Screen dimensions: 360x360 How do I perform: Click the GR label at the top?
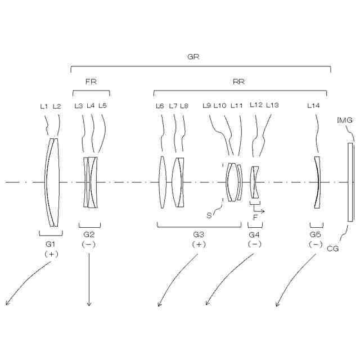pyautogui.click(x=193, y=56)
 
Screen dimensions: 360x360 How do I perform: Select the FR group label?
pyautogui.click(x=91, y=82)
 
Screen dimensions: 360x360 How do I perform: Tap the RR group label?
pyautogui.click(x=238, y=82)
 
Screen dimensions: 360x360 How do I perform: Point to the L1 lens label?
pyautogui.click(x=44, y=106)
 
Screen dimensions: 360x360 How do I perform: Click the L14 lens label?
pyautogui.click(x=313, y=106)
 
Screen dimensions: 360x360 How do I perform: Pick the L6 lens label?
pyautogui.click(x=160, y=106)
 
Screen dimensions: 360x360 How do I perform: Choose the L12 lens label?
pyautogui.click(x=256, y=105)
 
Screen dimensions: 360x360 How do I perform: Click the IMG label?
pyautogui.click(x=345, y=120)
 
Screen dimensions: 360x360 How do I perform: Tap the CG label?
pyautogui.click(x=332, y=249)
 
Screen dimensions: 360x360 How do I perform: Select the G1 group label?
pyautogui.click(x=51, y=244)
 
